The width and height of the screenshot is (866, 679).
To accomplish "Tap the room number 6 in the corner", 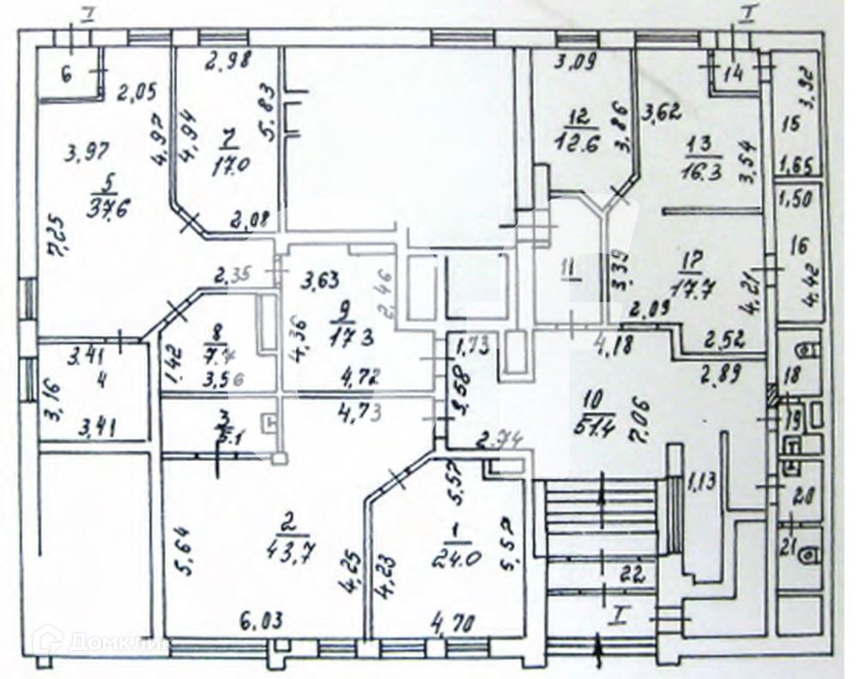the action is point(65,72).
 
